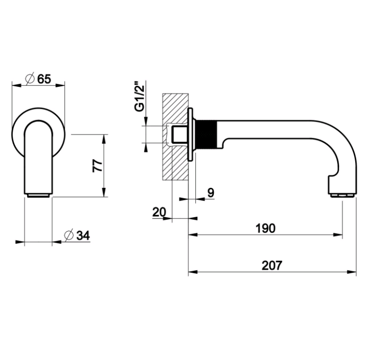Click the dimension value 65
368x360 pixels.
click(x=44, y=79)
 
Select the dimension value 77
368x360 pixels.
click(x=98, y=166)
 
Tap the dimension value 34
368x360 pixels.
click(x=83, y=235)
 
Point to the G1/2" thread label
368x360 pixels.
click(x=140, y=97)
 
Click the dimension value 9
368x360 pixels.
click(x=211, y=193)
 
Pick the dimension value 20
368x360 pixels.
click(x=159, y=212)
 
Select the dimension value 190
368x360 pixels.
click(x=265, y=229)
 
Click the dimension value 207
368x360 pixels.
click(x=272, y=266)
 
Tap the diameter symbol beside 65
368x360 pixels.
click(x=30, y=78)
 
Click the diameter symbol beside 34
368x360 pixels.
click(x=69, y=235)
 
